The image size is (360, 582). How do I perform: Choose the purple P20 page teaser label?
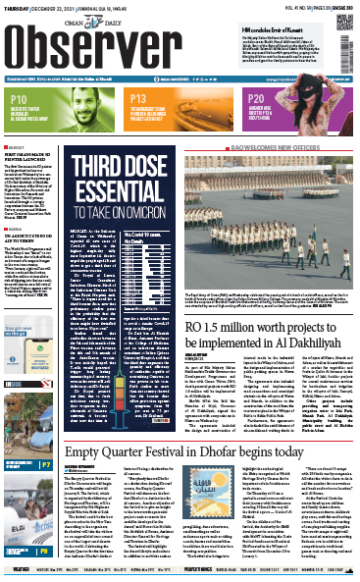256,100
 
